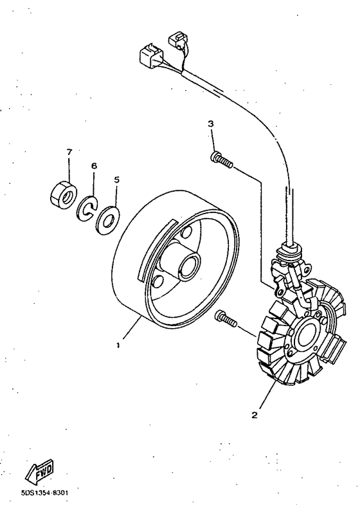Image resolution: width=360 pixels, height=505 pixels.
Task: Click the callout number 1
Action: (x=118, y=345)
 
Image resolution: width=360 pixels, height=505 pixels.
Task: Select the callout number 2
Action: (x=254, y=415)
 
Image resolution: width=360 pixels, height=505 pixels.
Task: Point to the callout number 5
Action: (x=116, y=181)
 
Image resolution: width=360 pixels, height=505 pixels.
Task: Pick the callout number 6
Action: (x=94, y=166)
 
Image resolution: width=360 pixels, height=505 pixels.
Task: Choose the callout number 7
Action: (x=69, y=151)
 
